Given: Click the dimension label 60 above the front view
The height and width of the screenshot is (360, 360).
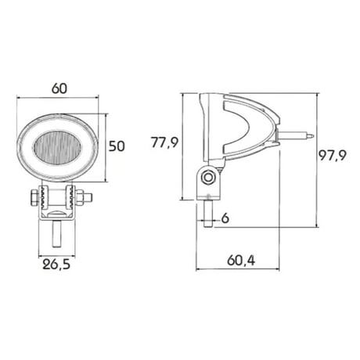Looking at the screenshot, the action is click(x=59, y=88).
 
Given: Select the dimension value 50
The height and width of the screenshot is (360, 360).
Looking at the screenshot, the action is click(x=117, y=146).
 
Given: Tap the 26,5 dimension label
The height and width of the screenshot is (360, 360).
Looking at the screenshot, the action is click(x=56, y=265).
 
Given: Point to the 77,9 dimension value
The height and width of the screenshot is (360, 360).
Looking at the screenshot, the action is click(x=165, y=142).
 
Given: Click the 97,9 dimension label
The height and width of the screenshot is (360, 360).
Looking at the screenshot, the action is click(x=333, y=156).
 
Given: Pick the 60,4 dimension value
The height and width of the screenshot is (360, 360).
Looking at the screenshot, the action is click(x=241, y=260).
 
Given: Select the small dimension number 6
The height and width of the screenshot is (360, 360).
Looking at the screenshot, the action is click(x=225, y=218).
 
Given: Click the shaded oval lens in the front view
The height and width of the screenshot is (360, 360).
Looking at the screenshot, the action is click(x=56, y=148).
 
